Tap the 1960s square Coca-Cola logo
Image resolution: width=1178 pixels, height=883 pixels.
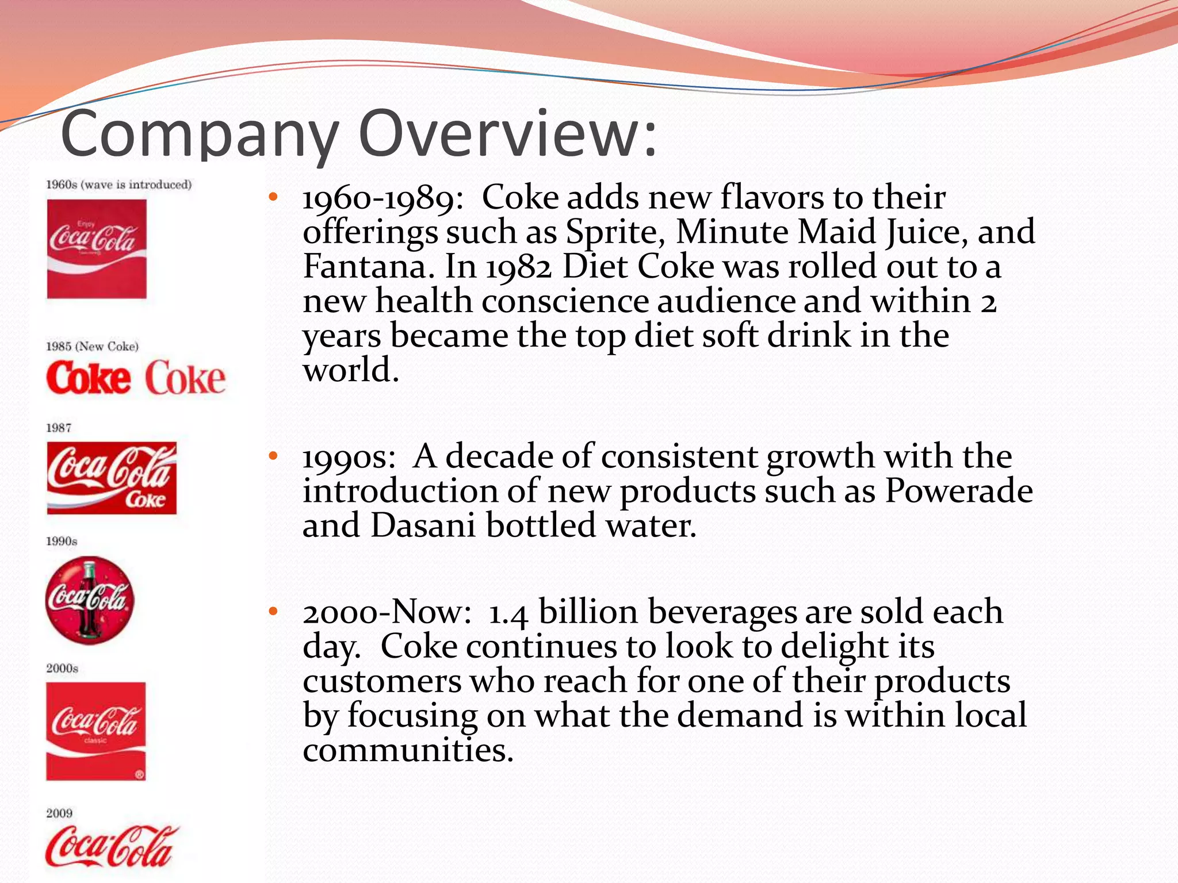(97, 248)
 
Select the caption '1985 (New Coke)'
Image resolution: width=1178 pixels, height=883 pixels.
(92, 346)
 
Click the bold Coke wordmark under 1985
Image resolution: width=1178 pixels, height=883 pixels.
(89, 378)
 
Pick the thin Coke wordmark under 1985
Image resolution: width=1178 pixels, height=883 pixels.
(185, 378)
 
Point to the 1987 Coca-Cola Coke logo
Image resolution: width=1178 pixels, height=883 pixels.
(112, 478)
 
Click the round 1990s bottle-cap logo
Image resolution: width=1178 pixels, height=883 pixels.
(90, 600)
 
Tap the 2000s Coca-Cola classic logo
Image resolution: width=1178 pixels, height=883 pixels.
(96, 731)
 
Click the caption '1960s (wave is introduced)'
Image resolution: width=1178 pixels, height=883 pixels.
(118, 185)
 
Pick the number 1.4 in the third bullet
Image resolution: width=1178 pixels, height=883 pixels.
(508, 613)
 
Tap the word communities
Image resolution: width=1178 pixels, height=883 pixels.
(408, 750)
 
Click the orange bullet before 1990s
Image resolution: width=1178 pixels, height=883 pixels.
(273, 456)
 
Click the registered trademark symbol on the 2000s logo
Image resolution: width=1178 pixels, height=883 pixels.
(139, 774)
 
